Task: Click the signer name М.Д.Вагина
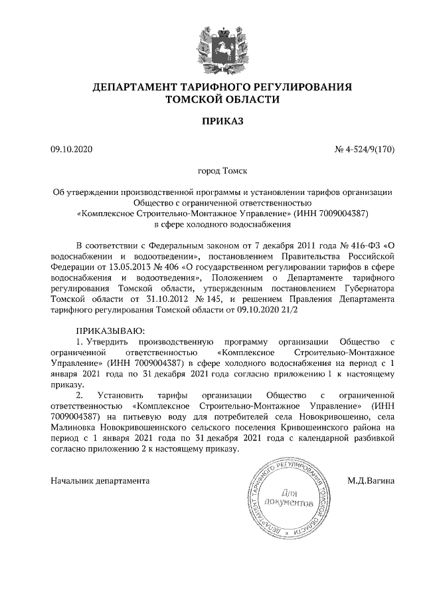pyautogui.click(x=371, y=479)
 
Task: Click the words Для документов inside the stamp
pyautogui.click(x=288, y=498)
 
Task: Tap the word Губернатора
pyautogui.click(x=367, y=289)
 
